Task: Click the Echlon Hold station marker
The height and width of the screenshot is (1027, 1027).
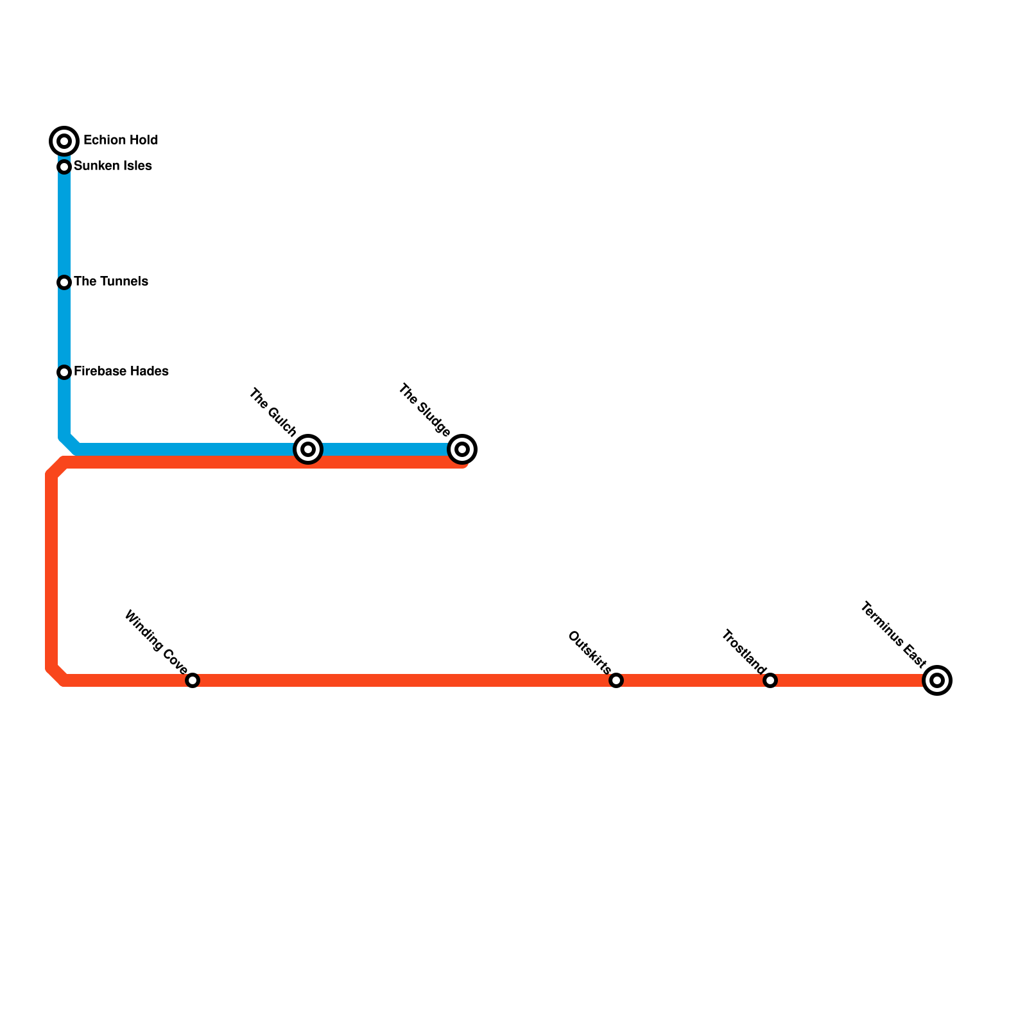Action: pos(64,141)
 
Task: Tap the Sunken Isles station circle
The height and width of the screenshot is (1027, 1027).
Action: pos(64,167)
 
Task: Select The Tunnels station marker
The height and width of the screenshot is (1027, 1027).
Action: pos(64,282)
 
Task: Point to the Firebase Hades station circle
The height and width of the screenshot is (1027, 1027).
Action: pos(64,372)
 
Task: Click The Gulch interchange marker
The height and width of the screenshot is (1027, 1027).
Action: pos(308,449)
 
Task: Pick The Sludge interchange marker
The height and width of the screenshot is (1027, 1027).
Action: pos(462,449)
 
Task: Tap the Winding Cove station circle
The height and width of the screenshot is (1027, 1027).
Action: pos(193,680)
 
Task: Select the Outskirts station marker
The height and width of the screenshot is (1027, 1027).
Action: pos(616,680)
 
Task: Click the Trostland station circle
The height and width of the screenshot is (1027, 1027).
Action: pos(770,680)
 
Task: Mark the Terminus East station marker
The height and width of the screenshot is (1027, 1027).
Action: pos(937,680)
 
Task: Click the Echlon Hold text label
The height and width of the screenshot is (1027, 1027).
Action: pos(121,140)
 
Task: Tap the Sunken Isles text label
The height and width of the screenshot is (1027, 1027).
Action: pos(113,166)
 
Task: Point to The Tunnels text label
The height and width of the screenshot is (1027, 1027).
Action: pos(111,282)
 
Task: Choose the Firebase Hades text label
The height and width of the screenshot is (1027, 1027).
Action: pos(121,372)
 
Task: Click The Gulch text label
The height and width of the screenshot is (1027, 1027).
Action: pos(273,412)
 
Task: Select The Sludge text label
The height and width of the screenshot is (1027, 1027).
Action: pos(424,410)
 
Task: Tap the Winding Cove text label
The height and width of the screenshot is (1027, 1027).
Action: pos(155,640)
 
